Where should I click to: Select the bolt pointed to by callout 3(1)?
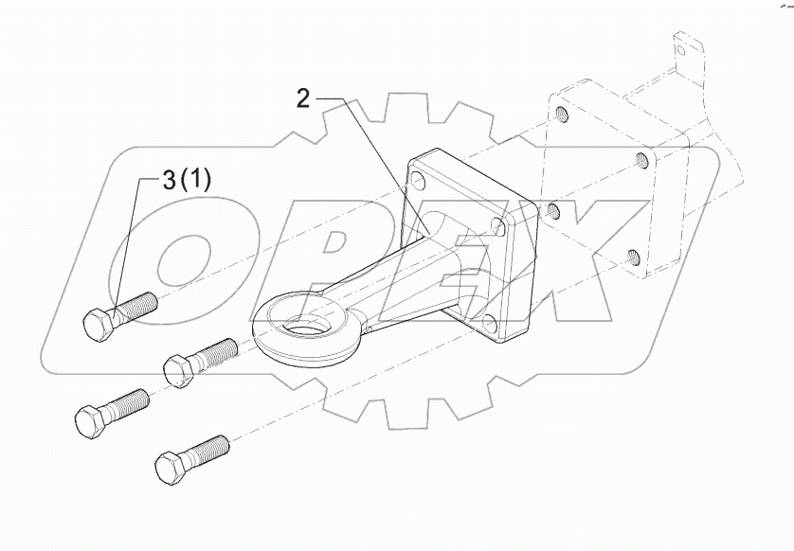pos(118,314)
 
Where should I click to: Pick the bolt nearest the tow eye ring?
pos(200,360)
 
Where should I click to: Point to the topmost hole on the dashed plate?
pos(562,116)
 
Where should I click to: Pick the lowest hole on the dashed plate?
pos(633,256)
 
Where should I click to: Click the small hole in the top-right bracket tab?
pos(679,46)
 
